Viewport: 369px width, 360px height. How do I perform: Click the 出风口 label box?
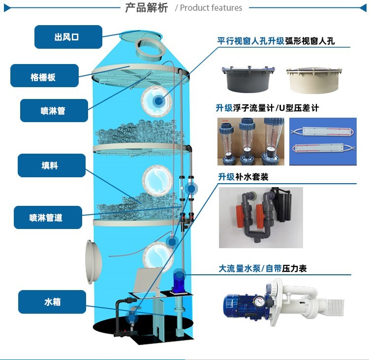click(x=68, y=37)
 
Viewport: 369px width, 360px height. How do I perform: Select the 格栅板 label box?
click(x=44, y=76)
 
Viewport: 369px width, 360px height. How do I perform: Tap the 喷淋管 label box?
click(x=54, y=110)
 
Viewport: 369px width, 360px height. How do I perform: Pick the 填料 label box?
click(x=52, y=165)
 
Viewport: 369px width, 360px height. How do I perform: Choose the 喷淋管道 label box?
click(x=48, y=218)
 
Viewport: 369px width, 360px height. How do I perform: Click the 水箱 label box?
click(x=52, y=302)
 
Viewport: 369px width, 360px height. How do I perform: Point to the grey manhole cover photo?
click(x=248, y=79)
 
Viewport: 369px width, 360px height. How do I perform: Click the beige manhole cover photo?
click(x=314, y=80)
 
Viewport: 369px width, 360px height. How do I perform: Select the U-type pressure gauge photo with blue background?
click(x=323, y=141)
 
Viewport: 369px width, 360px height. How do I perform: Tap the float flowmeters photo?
click(x=251, y=141)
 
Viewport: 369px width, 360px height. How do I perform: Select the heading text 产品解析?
click(x=147, y=7)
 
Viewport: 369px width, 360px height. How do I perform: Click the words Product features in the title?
click(x=211, y=8)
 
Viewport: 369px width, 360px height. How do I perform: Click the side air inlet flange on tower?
click(x=93, y=262)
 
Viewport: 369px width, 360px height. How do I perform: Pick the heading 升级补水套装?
click(x=243, y=177)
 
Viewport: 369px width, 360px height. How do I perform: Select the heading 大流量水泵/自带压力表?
click(x=263, y=268)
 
